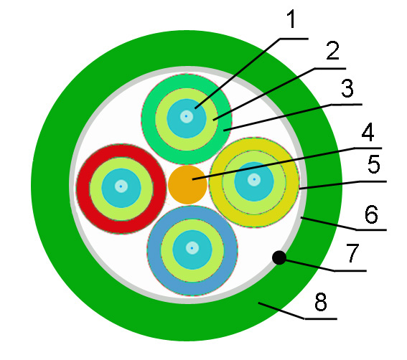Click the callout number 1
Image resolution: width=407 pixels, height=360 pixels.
(291, 19)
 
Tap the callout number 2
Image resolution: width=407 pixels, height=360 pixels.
(332, 50)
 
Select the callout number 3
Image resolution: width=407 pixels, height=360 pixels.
(347, 88)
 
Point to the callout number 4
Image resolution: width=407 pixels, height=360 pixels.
(368, 132)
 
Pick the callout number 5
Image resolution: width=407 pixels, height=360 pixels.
(374, 164)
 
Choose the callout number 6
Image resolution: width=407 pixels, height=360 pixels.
(371, 214)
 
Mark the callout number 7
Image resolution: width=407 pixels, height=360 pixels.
(352, 252)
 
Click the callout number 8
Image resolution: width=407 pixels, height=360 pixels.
(321, 302)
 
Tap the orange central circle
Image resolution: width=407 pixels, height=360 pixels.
(187, 185)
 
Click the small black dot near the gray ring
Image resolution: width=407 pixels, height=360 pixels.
(279, 258)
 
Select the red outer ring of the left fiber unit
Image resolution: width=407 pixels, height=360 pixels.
(83, 189)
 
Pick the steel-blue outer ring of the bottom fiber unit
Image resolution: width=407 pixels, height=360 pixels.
(154, 250)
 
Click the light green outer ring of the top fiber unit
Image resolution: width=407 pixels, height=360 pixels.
(148, 119)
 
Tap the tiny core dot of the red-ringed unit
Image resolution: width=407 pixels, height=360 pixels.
(121, 186)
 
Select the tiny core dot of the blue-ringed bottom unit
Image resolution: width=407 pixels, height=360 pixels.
(192, 248)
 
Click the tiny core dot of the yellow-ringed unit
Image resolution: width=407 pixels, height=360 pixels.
(254, 179)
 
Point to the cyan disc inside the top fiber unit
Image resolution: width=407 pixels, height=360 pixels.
(177, 127)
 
